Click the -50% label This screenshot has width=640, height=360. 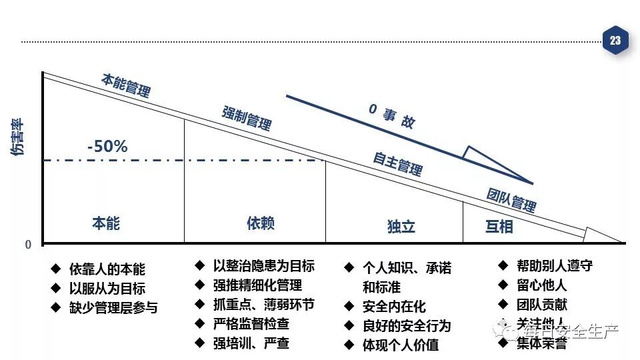click(x=107, y=147)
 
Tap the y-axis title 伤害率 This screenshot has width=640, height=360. click(x=18, y=137)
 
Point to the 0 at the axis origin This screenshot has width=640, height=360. click(x=28, y=245)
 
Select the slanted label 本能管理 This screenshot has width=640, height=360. click(x=126, y=85)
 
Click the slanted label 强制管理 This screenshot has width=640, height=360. click(x=247, y=117)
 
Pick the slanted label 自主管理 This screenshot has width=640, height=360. click(x=397, y=163)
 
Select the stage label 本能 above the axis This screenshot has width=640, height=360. click(x=106, y=223)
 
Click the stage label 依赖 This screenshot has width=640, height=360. click(x=260, y=223)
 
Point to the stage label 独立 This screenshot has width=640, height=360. click(x=401, y=227)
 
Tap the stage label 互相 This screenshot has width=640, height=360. click(x=499, y=227)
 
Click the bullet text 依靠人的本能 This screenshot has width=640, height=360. click(x=107, y=269)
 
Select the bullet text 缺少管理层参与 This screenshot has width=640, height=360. click(x=113, y=308)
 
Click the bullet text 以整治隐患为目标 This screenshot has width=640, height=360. click(x=263, y=266)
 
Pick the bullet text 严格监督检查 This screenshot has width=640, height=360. click(x=251, y=324)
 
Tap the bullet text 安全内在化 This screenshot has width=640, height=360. click(x=393, y=307)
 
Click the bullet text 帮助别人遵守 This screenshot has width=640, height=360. click(x=554, y=265)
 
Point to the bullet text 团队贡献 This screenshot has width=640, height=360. click(x=541, y=304)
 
